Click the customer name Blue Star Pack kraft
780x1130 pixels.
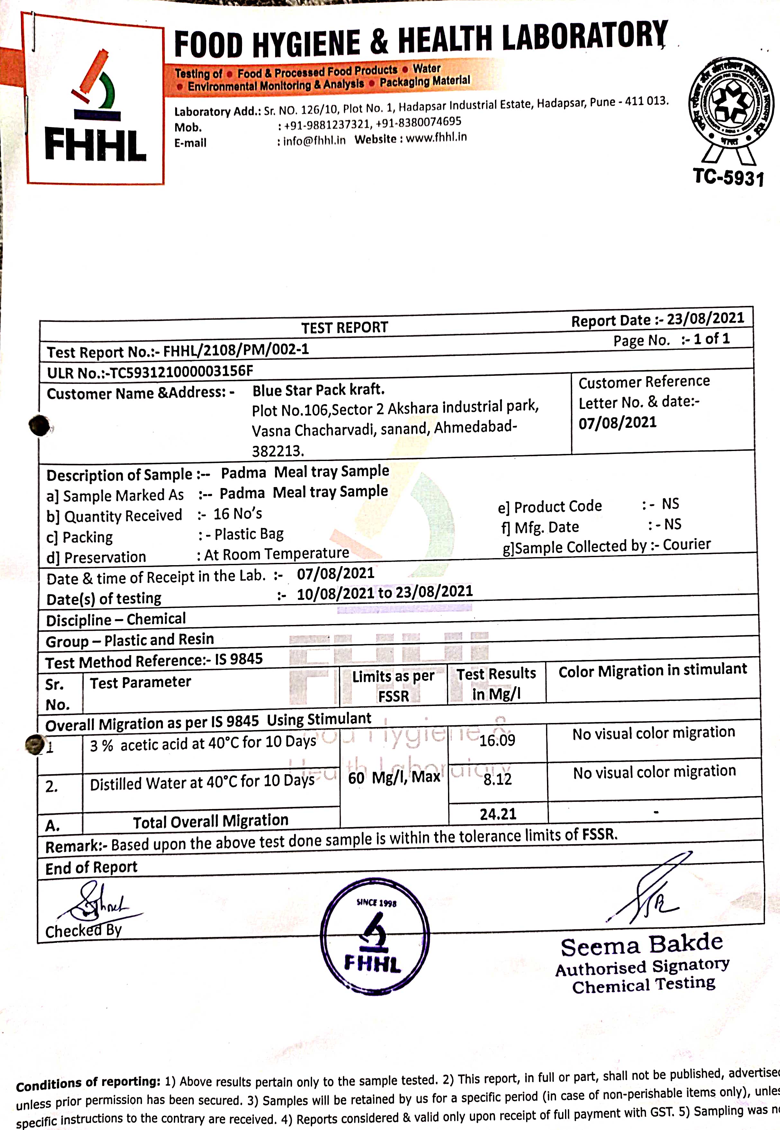tap(318, 390)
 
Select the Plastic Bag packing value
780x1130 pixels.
tap(249, 534)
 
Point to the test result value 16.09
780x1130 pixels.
tap(497, 740)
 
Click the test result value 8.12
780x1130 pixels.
tap(497, 779)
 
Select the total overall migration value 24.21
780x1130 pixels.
tap(498, 814)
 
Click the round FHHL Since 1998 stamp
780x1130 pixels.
tap(375, 936)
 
